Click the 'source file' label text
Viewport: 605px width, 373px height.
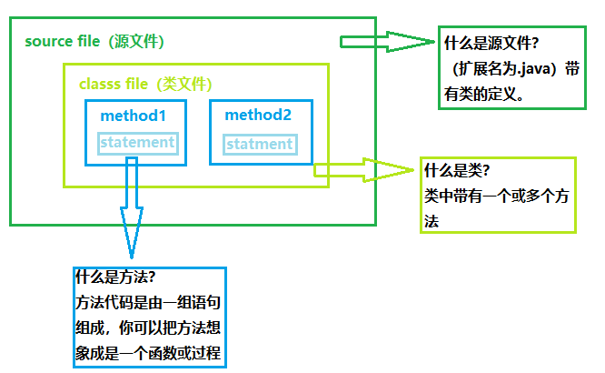point(63,42)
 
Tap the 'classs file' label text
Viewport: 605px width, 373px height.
point(114,84)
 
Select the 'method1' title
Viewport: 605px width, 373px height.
point(134,116)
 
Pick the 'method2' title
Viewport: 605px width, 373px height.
point(258,116)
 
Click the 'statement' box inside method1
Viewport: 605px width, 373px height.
point(136,143)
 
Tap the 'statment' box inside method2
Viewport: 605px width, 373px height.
point(259,144)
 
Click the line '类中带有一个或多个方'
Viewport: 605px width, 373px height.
point(495,197)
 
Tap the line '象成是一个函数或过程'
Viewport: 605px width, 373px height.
point(147,352)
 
